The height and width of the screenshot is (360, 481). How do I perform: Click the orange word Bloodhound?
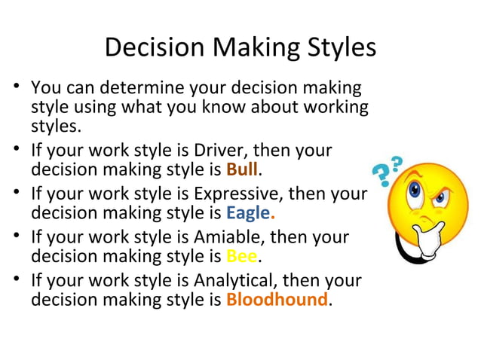click(277, 300)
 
